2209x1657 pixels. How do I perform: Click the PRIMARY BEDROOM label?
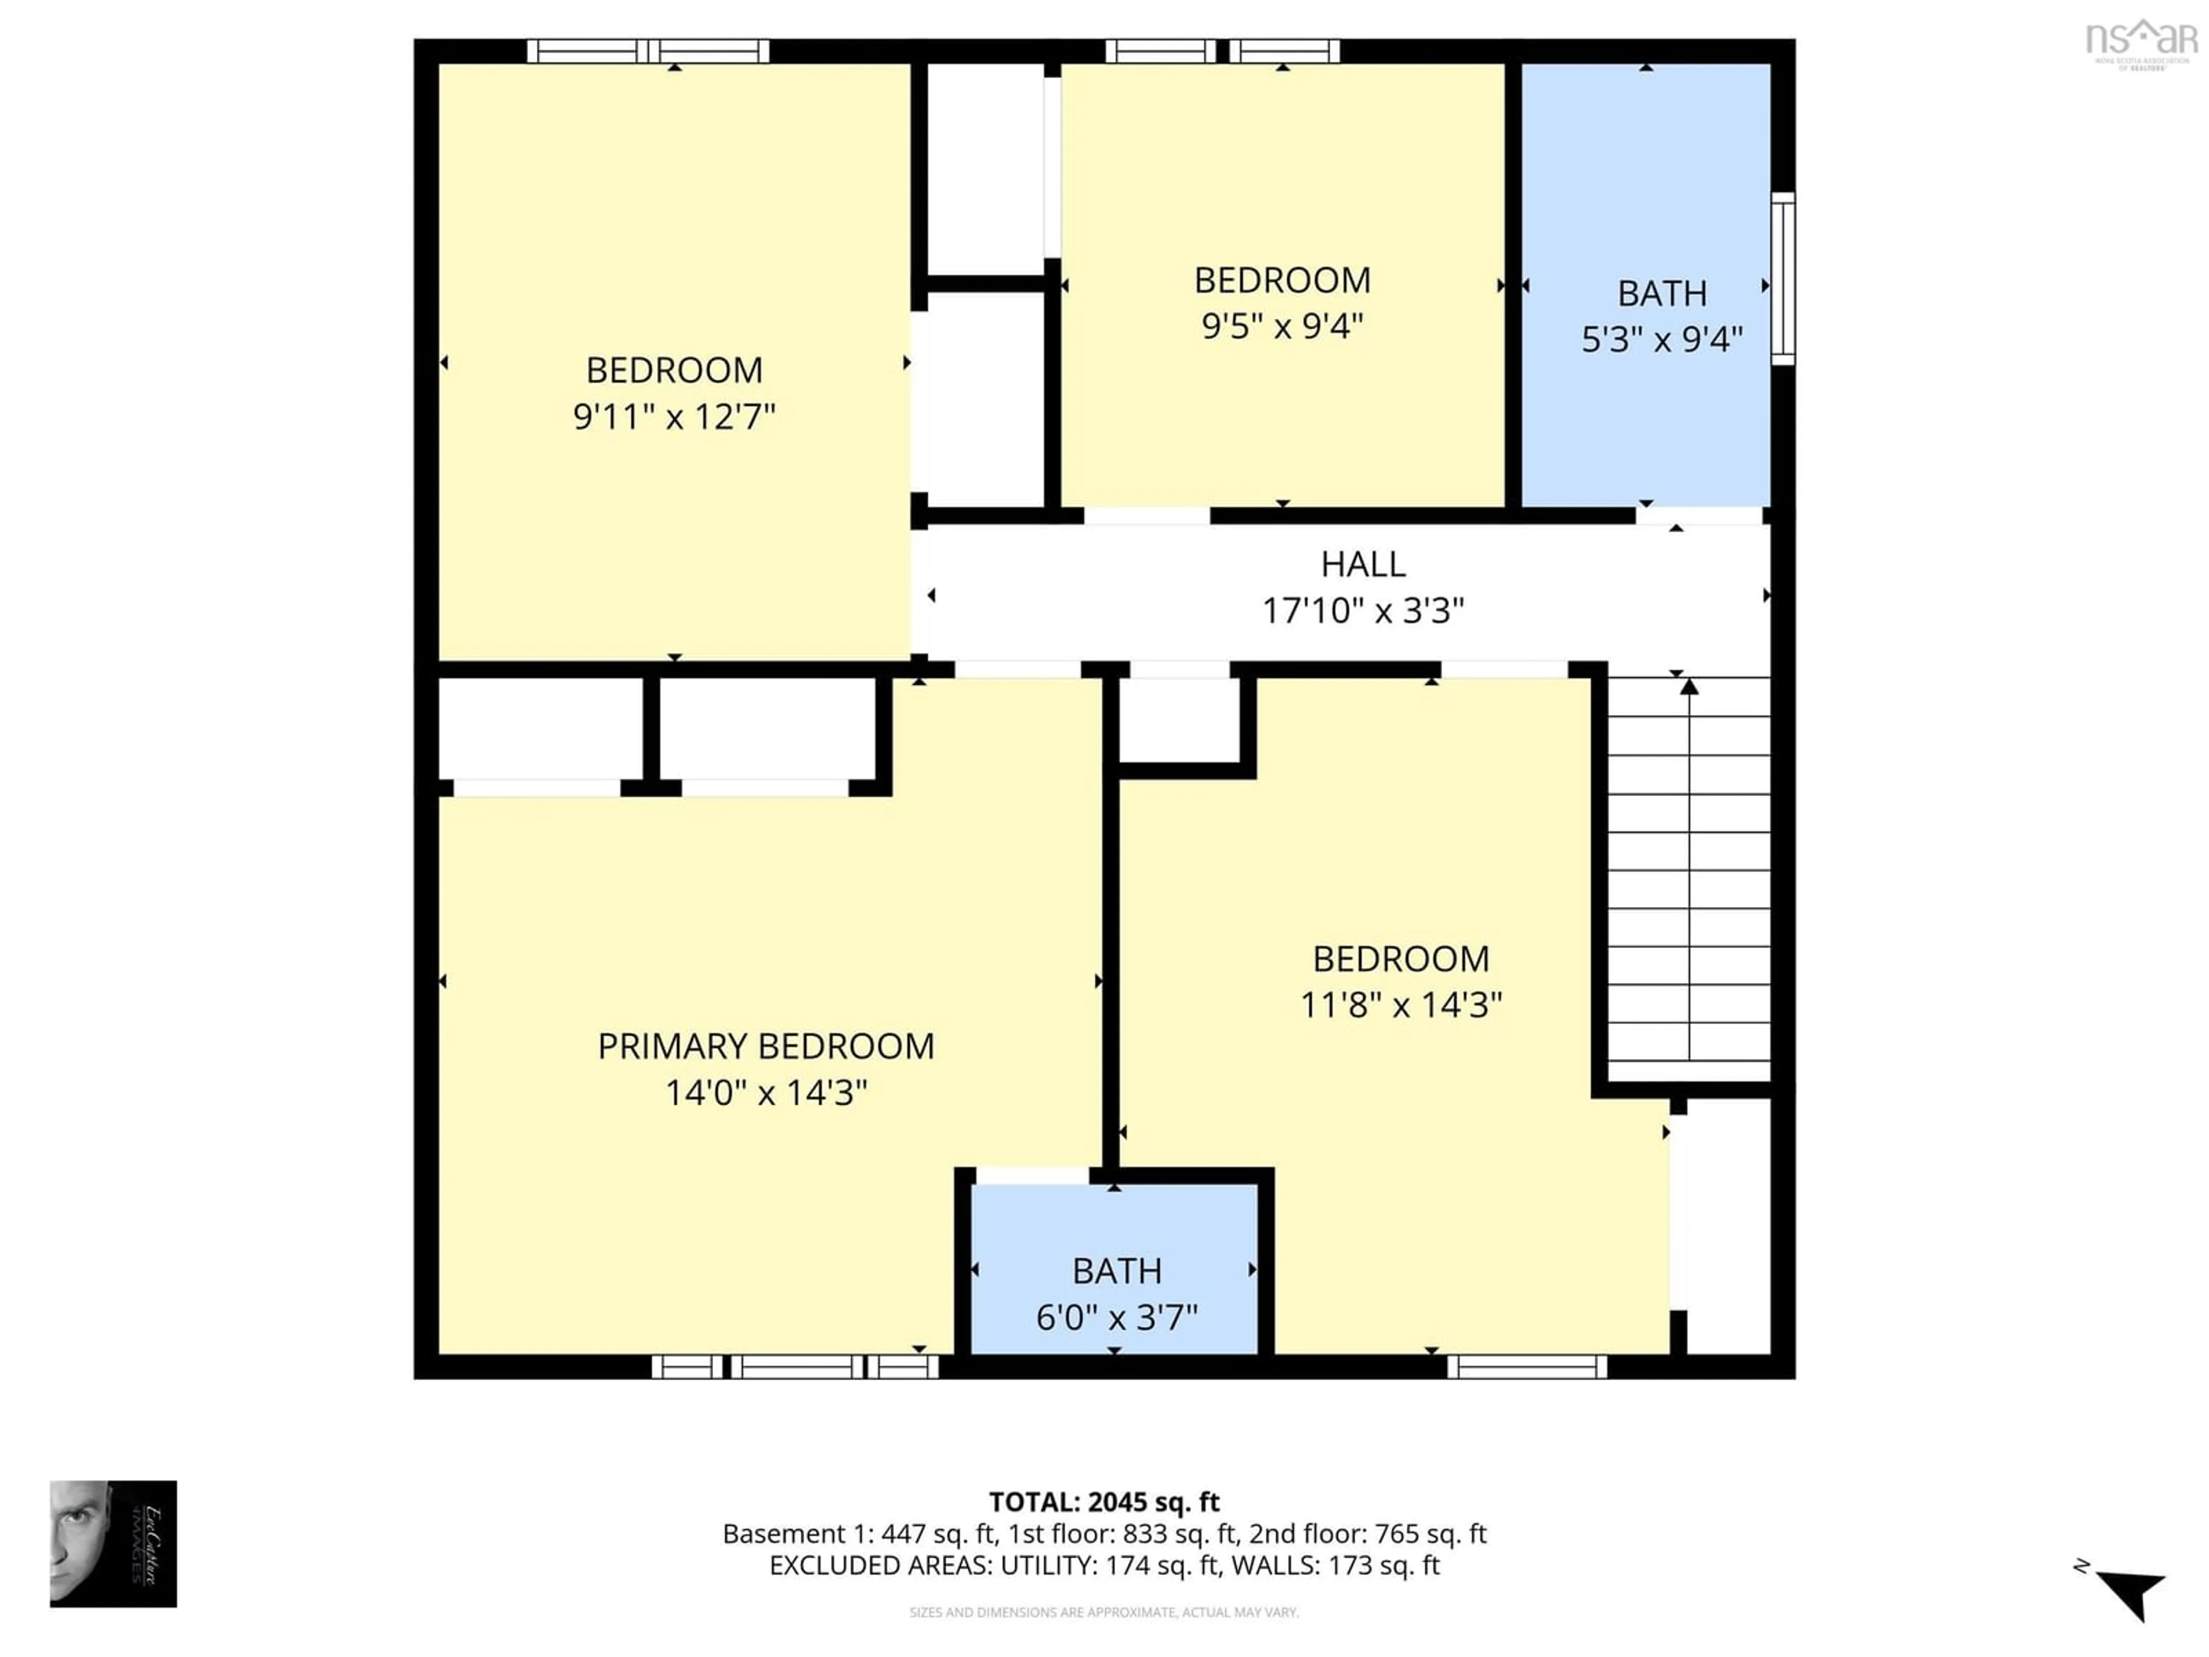766,1047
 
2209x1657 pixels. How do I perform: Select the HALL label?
1363,564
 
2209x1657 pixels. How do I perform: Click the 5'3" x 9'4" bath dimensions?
1662,339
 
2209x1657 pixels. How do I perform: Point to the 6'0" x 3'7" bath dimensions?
1117,1318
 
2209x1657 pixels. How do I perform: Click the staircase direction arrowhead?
1689,686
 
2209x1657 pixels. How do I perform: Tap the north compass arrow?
2130,1591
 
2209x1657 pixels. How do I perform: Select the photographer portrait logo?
113,1543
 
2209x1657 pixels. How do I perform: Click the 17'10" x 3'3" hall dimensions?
1363,610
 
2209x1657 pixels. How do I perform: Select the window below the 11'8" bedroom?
1527,1366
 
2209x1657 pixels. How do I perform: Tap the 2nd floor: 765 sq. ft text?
1367,1533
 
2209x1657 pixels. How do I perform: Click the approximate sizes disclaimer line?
1103,1612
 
